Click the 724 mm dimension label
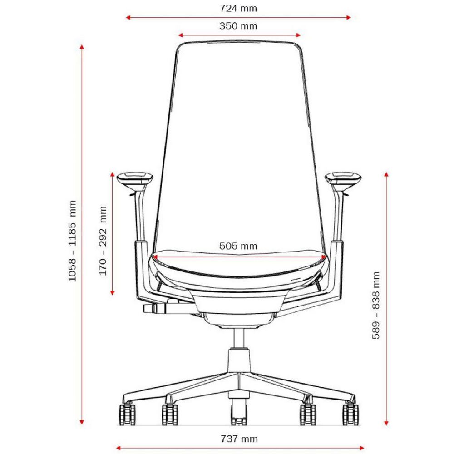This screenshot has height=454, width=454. click(x=238, y=8)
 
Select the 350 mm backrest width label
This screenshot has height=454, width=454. click(x=238, y=26)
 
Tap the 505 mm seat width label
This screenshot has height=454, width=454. click(x=238, y=246)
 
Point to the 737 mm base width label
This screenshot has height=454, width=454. click(x=239, y=439)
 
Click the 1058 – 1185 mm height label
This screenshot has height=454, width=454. click(x=72, y=241)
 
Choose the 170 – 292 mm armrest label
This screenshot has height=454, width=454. click(x=103, y=241)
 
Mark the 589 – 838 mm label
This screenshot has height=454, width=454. click(x=376, y=305)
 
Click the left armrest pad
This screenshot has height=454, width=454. click(x=135, y=178)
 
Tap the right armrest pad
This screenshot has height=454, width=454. click(x=343, y=178)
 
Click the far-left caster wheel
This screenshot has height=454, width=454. click(x=128, y=414)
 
